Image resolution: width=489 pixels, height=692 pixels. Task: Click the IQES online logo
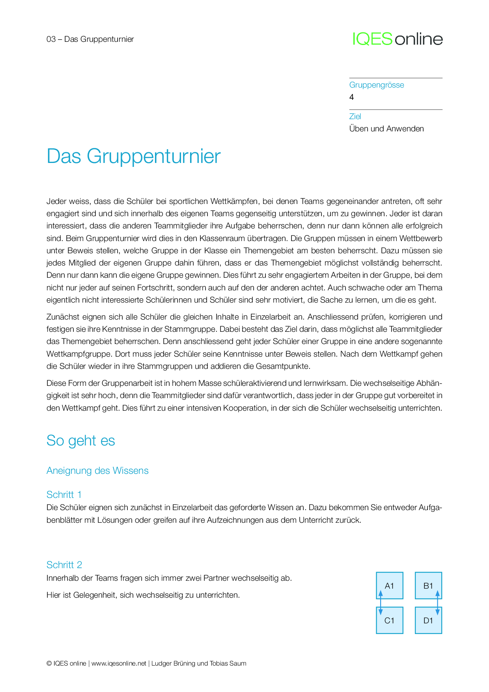tap(398, 39)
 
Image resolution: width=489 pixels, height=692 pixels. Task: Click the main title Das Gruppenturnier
tap(133, 156)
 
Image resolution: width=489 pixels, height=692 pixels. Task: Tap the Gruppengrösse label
tap(376, 85)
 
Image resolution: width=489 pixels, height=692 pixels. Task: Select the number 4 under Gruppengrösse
tap(351, 97)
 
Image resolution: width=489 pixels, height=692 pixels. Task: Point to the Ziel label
tap(355, 116)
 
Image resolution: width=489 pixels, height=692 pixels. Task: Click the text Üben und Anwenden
tap(386, 129)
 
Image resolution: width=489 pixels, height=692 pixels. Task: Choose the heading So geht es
tap(80, 441)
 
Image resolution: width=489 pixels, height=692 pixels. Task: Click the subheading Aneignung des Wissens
tap(97, 471)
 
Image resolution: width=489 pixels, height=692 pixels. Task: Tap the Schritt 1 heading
tap(64, 495)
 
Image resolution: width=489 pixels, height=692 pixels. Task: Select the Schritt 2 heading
tap(64, 565)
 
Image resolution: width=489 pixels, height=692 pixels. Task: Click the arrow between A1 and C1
tap(381, 603)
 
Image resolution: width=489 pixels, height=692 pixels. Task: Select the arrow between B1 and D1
tap(437, 603)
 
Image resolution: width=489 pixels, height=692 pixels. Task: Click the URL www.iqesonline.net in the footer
tap(119, 664)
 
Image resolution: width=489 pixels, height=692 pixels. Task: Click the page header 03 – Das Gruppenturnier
tap(90, 39)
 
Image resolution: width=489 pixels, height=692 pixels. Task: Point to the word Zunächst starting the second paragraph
tap(63, 317)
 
